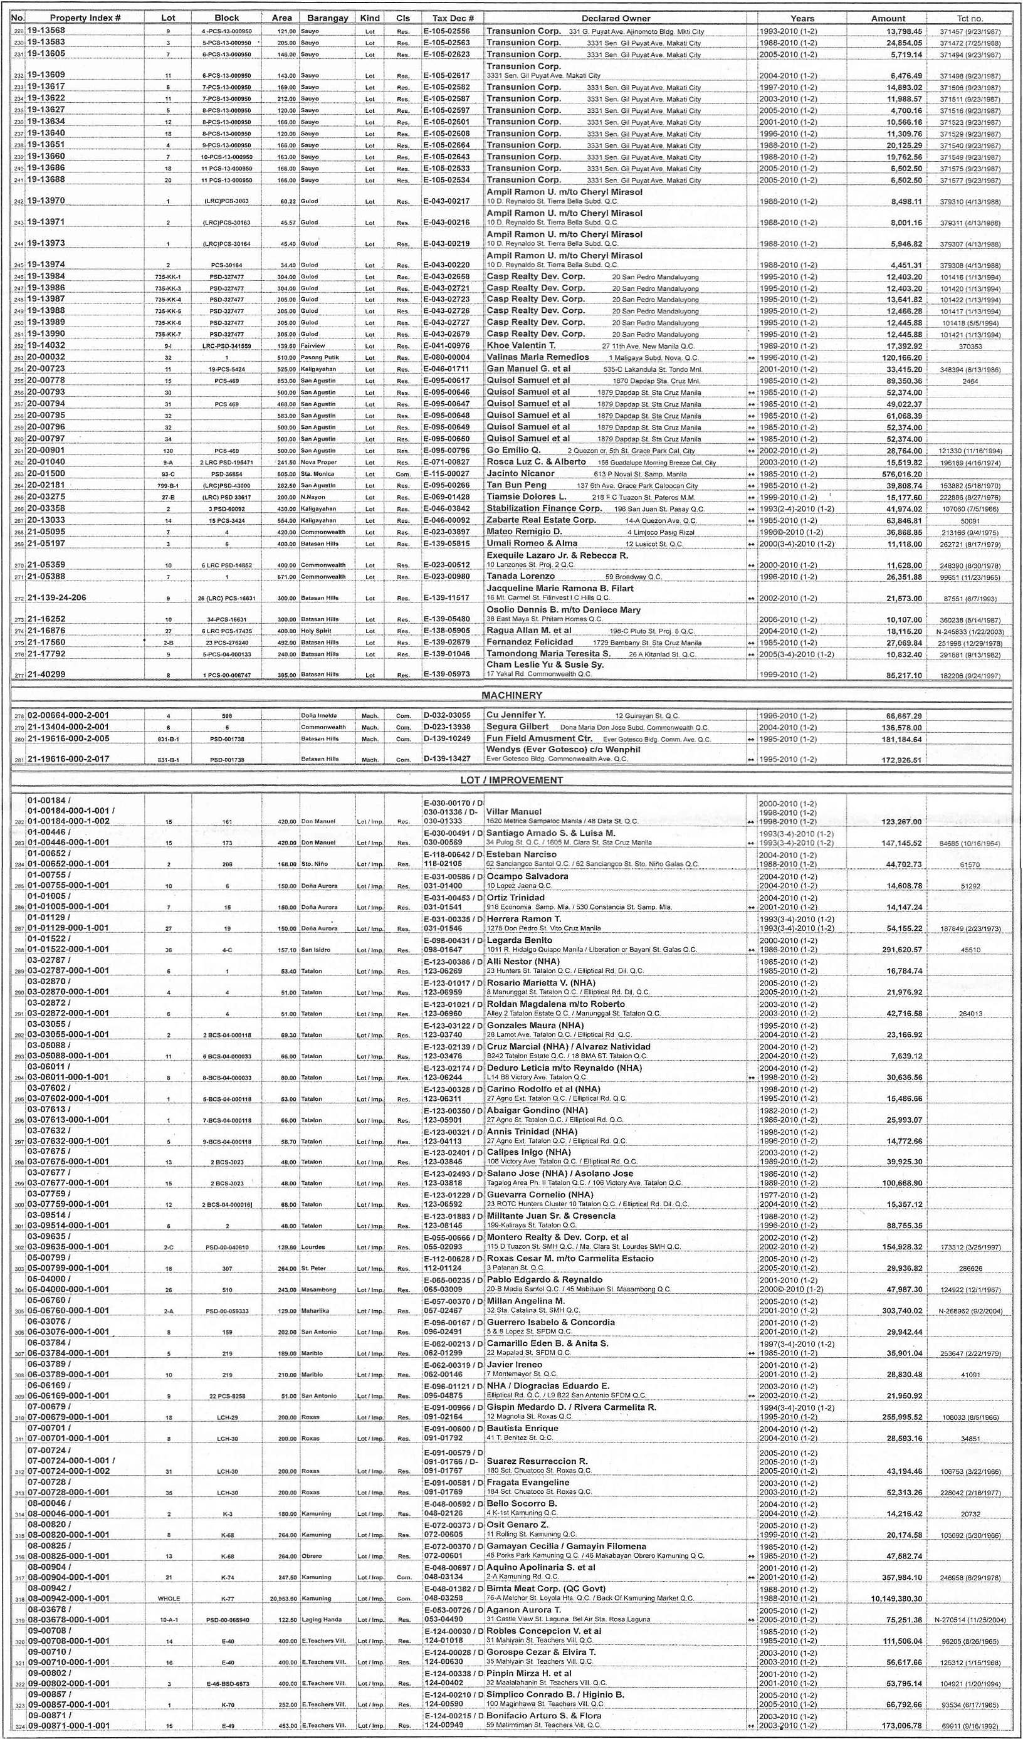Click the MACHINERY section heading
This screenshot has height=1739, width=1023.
(511, 696)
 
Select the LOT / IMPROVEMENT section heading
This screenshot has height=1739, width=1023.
(511, 780)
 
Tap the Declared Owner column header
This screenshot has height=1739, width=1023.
(616, 18)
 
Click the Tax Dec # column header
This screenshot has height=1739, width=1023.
(453, 18)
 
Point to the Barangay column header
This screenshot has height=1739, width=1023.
(327, 18)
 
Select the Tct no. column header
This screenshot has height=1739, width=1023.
(970, 18)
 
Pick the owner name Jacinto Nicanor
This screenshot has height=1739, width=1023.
(520, 473)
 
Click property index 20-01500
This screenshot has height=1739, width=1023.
(46, 473)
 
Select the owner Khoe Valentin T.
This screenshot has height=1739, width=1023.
(521, 345)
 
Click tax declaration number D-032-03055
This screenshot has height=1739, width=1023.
(447, 716)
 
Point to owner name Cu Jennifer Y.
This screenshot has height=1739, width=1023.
(516, 715)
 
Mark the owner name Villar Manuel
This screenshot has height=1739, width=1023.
(514, 812)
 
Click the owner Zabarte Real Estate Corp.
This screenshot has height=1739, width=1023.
(542, 520)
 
